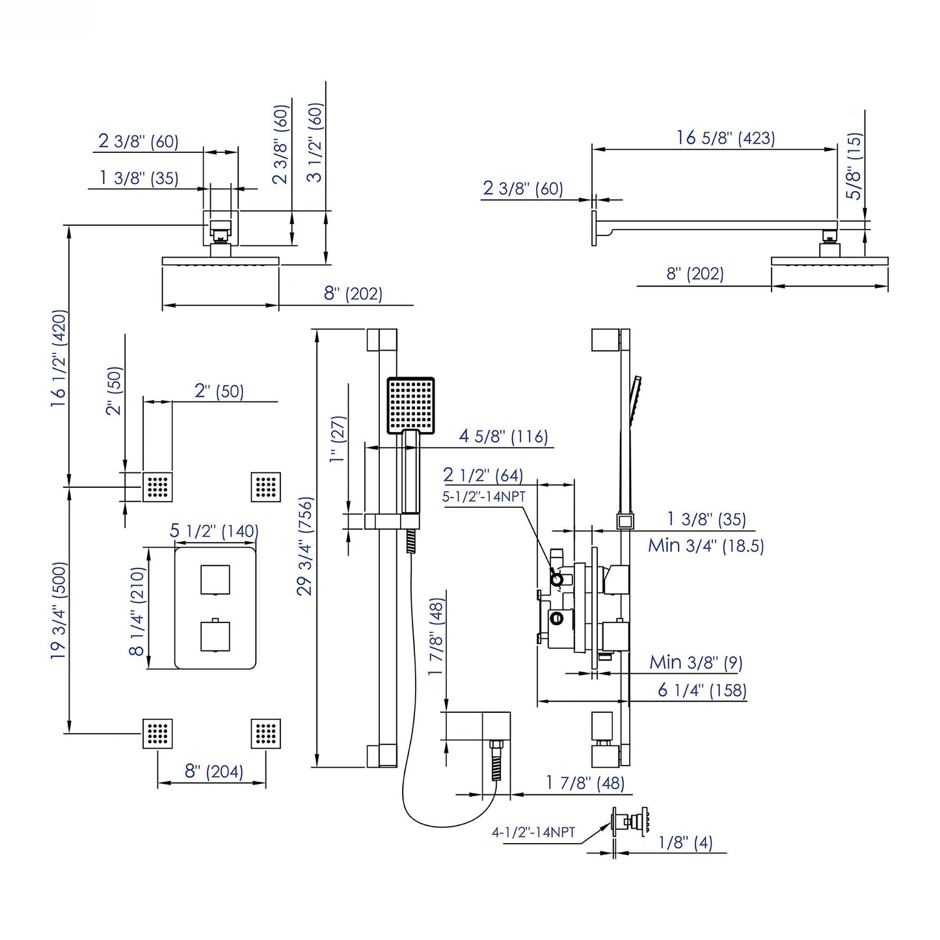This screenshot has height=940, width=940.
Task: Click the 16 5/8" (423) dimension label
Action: [725, 138]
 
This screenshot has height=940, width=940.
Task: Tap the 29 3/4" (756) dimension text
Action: [305, 546]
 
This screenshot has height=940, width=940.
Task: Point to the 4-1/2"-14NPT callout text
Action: [533, 832]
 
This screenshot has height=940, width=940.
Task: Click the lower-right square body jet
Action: [265, 734]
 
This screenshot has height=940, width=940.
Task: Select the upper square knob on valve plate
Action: [215, 580]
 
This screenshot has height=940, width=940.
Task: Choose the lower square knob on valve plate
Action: [215, 637]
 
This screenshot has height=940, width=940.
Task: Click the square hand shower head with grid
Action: [410, 405]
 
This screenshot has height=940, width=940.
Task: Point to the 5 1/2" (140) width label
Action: [214, 531]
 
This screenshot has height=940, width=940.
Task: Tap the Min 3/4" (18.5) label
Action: [705, 545]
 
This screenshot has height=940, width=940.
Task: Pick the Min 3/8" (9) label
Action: [695, 662]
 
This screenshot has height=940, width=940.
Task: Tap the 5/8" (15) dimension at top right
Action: [854, 166]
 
